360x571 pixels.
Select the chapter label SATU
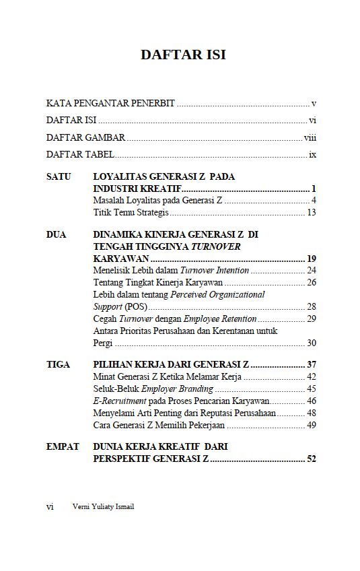point(59,176)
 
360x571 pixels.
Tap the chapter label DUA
point(57,234)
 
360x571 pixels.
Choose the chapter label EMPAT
point(63,446)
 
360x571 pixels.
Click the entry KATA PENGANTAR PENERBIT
point(110,104)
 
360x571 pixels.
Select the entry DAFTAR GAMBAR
point(85,137)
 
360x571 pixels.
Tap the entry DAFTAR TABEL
point(80,154)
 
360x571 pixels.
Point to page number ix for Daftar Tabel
point(312,154)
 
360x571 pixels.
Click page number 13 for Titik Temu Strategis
point(311,213)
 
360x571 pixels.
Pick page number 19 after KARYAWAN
point(311,259)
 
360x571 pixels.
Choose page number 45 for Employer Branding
point(311,389)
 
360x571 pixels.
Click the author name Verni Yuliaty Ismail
point(103,507)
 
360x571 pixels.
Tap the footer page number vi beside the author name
point(50,507)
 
